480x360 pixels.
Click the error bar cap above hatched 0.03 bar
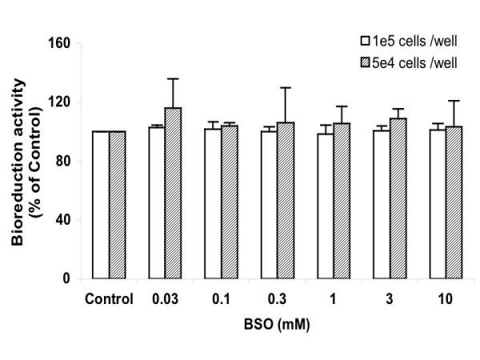click(x=174, y=78)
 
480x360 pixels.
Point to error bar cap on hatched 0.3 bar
click(x=285, y=87)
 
